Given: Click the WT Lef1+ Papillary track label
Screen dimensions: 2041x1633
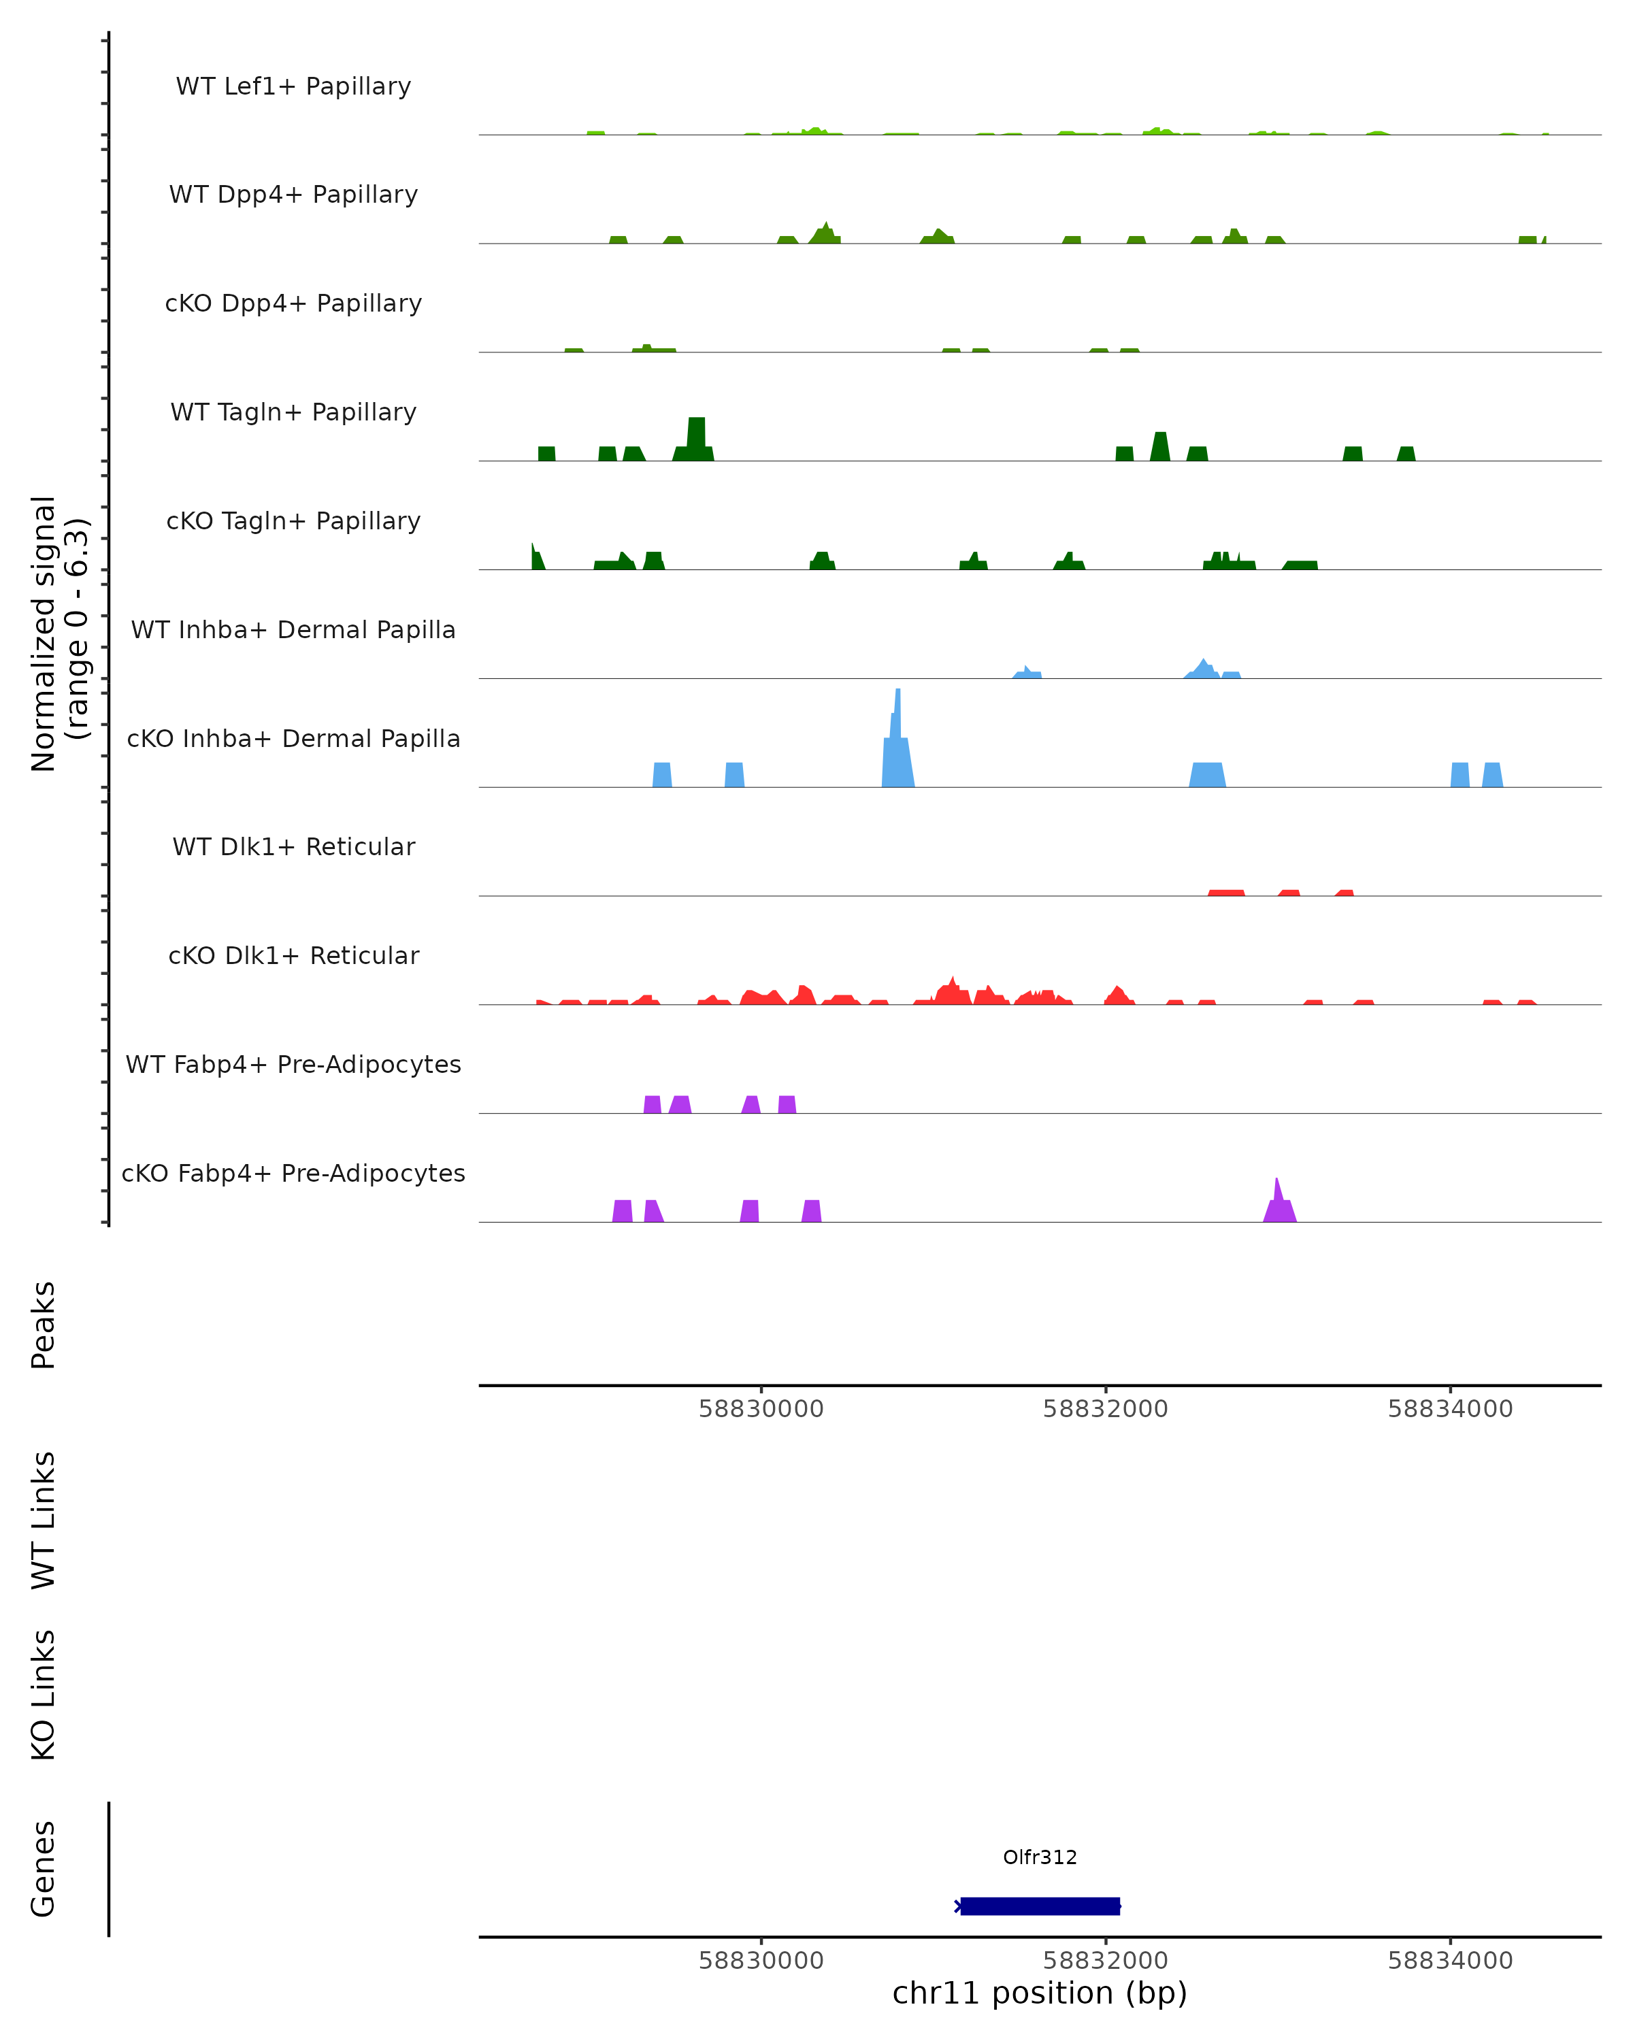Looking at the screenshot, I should (x=293, y=86).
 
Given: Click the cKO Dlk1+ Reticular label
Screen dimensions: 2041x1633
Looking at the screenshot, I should (x=293, y=955).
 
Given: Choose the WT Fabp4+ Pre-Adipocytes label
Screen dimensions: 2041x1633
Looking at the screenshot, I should (x=293, y=1064).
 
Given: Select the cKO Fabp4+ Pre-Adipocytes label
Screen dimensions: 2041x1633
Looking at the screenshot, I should (x=293, y=1173).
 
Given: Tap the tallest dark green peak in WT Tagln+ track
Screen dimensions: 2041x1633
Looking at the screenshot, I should (x=696, y=437).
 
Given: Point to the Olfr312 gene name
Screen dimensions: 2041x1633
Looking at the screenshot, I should (x=1040, y=1857).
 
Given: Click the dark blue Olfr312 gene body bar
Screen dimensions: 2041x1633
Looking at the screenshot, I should (x=1040, y=1906).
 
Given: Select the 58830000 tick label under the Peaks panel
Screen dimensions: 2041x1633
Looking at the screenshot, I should (x=761, y=1409).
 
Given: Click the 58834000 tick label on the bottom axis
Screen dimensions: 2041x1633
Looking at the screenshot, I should (x=1449, y=1961).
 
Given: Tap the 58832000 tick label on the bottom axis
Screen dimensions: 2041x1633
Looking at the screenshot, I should (x=1105, y=1961).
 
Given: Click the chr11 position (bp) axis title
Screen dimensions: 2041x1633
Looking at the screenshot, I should (x=1040, y=1993).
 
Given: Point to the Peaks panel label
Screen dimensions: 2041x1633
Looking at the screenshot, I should (x=44, y=1325).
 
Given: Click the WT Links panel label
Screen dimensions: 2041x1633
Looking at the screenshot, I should (x=44, y=1519).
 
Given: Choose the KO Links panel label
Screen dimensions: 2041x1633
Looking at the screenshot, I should (x=44, y=1695).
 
